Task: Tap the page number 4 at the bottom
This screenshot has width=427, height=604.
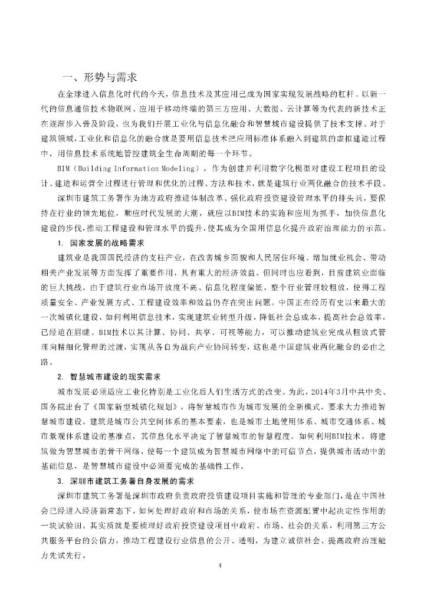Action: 219,566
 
